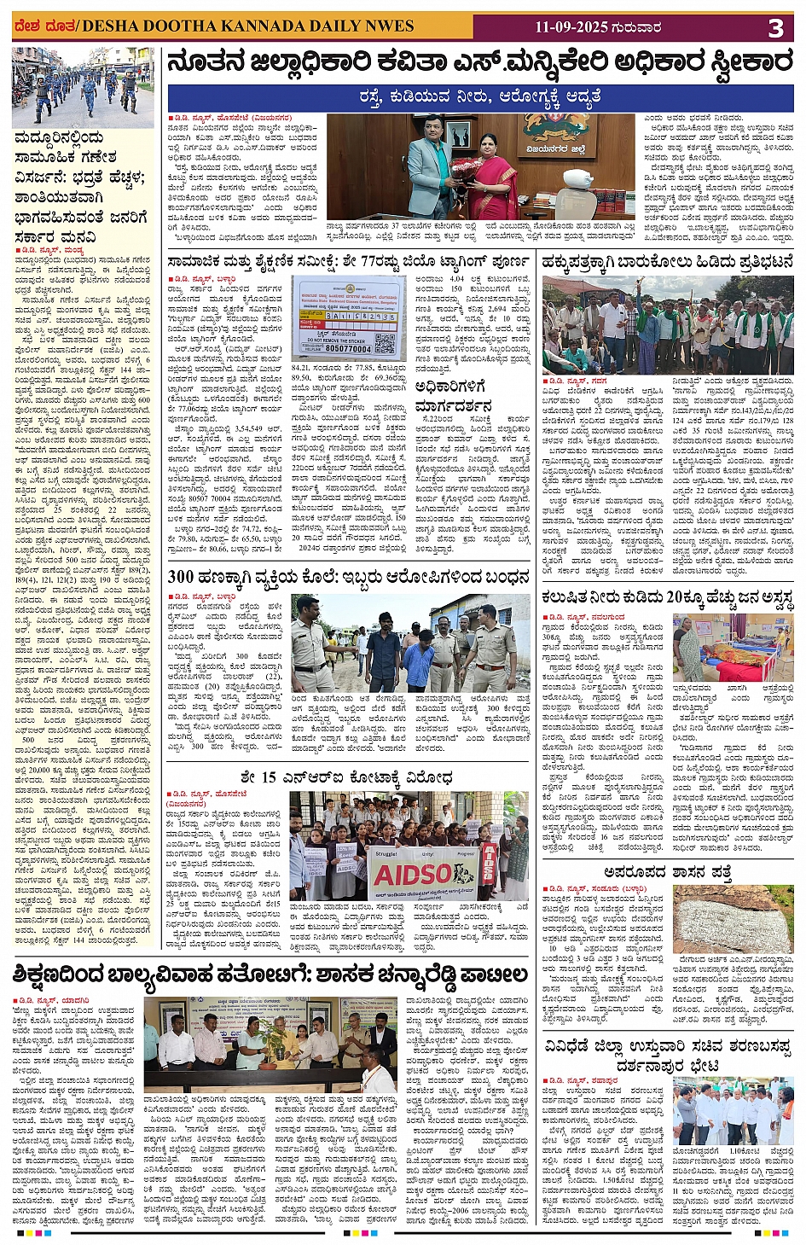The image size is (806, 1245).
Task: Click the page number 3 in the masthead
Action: (775, 28)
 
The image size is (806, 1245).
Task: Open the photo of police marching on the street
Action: (83, 87)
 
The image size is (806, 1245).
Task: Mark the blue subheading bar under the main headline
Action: (480, 97)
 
